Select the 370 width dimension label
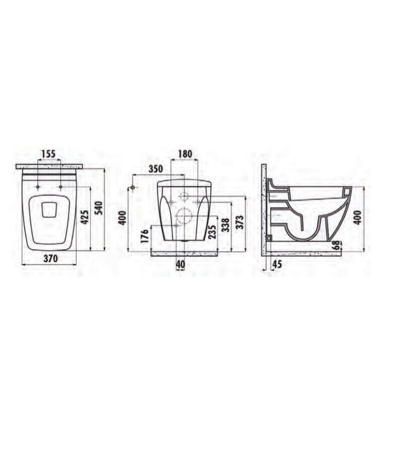50,259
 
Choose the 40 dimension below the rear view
181,263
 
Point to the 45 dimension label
278,263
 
